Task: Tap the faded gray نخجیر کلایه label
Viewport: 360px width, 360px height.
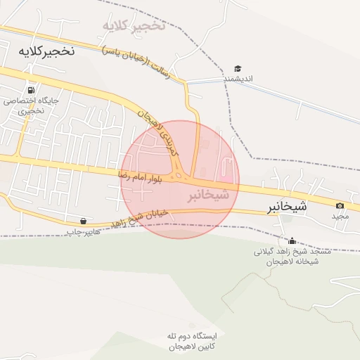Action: click(134, 27)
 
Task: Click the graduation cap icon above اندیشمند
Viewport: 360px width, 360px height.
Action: click(238, 69)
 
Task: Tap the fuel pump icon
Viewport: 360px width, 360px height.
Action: click(30, 90)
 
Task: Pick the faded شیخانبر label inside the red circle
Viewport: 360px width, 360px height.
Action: click(208, 194)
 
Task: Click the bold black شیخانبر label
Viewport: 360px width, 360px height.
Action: click(287, 207)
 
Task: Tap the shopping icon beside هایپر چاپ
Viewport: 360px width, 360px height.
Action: click(84, 221)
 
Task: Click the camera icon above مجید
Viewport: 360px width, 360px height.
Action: click(340, 206)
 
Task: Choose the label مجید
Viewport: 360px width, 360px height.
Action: click(340, 216)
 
